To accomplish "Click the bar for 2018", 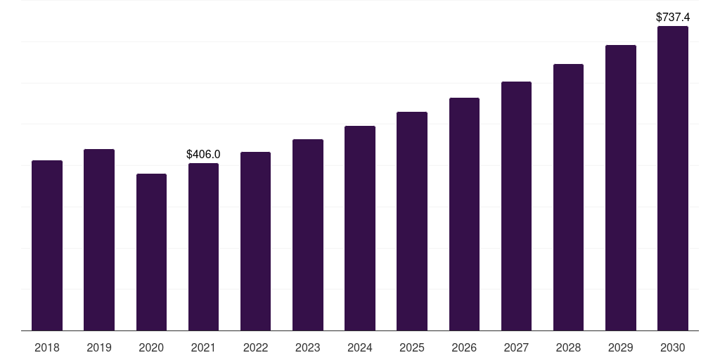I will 47,245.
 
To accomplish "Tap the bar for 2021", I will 203,247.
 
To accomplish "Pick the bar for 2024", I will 360,228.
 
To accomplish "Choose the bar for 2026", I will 464,214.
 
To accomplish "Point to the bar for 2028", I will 568,197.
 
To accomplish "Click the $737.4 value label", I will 673,16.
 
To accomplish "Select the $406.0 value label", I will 203,154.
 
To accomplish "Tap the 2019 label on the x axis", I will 99,347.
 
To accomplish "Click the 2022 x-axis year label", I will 255,347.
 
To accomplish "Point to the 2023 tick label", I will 308,347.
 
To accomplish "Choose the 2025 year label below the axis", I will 412,347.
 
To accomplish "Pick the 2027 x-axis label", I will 516,347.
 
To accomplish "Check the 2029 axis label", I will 621,347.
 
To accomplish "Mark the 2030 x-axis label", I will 673,347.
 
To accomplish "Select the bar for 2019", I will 99,240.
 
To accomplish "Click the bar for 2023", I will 308,235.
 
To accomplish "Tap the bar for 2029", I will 621,188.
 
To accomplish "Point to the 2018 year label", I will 47,347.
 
